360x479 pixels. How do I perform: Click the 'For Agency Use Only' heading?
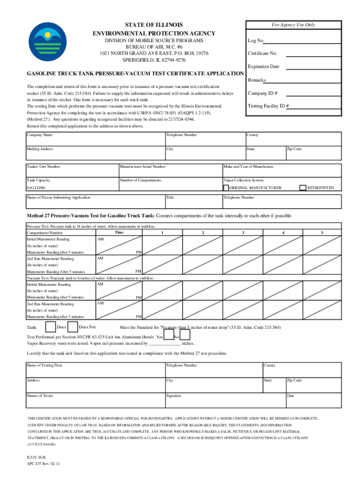tap(293, 25)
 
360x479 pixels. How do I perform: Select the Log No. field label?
tap(257, 41)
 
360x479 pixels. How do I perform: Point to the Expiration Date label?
tap(263, 66)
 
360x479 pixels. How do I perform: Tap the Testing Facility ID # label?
tap(268, 106)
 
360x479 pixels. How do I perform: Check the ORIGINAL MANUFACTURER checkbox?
tap(226, 188)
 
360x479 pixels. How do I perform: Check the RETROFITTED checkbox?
tap(302, 188)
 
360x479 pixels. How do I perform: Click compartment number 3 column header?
tap(243, 232)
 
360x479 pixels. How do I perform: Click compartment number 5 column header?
tap(322, 232)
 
